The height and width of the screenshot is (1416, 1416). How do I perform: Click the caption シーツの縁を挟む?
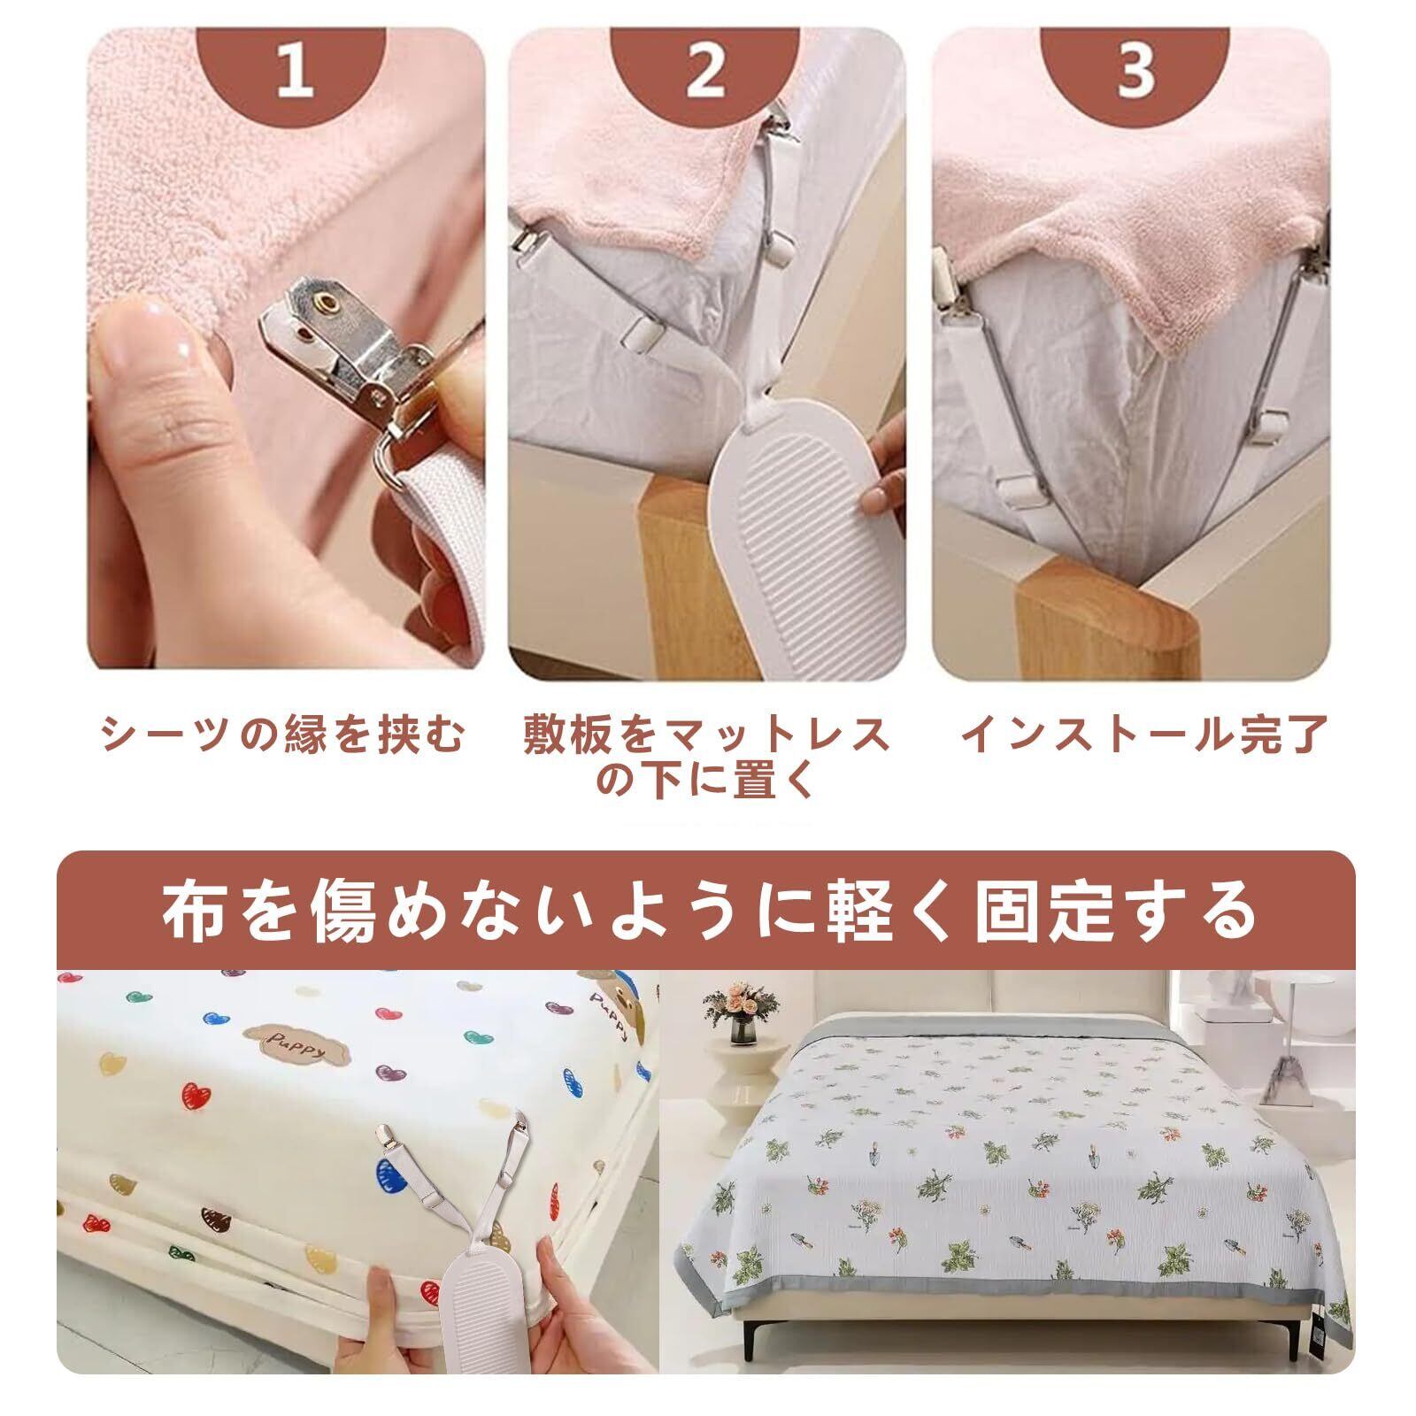[x=282, y=735]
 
